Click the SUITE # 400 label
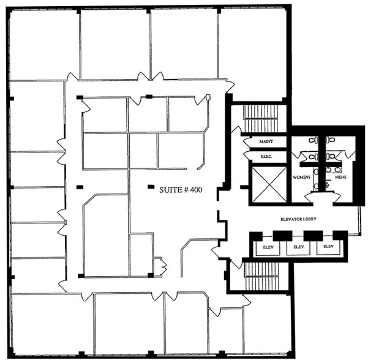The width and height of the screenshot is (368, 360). point(181,190)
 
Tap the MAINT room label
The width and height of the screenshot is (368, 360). point(265,141)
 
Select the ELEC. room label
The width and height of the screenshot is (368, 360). point(265,156)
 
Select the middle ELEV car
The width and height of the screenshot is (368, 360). point(298,247)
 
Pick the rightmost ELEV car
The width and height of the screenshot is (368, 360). point(329,247)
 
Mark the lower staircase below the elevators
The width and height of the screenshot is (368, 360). point(262,277)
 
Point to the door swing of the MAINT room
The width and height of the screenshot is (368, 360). point(247,143)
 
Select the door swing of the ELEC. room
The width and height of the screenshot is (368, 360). point(247,157)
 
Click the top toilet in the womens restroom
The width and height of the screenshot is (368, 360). point(313,141)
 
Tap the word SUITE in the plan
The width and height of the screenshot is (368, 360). point(170,190)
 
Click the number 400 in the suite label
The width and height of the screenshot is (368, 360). point(196,190)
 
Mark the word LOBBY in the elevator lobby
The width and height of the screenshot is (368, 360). point(314,219)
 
